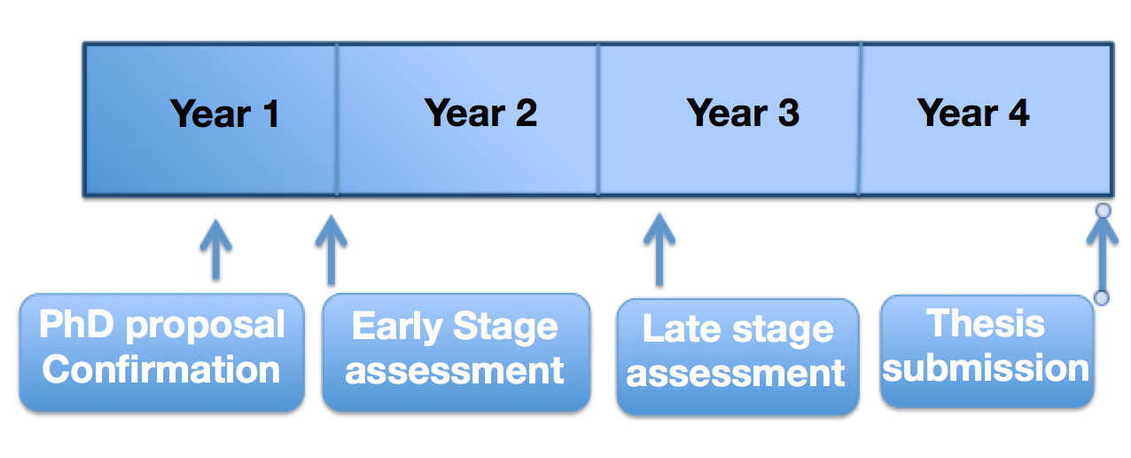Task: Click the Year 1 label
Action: click(x=224, y=114)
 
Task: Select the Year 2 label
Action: click(x=480, y=114)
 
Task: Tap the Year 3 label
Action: click(x=743, y=114)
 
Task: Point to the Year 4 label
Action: click(x=973, y=114)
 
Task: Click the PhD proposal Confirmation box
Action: click(x=162, y=352)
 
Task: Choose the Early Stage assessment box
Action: click(x=456, y=352)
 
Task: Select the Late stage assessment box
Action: click(x=737, y=357)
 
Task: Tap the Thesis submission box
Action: click(x=987, y=351)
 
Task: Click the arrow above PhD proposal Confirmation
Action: click(x=216, y=249)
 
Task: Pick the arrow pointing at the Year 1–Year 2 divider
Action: click(x=331, y=250)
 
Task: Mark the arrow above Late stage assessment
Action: click(x=659, y=249)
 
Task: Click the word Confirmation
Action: click(x=161, y=369)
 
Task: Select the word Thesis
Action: click(x=986, y=323)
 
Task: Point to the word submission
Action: click(x=986, y=367)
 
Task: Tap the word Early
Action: click(x=397, y=327)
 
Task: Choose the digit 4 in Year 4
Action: click(x=1019, y=114)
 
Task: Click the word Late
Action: click(x=682, y=329)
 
